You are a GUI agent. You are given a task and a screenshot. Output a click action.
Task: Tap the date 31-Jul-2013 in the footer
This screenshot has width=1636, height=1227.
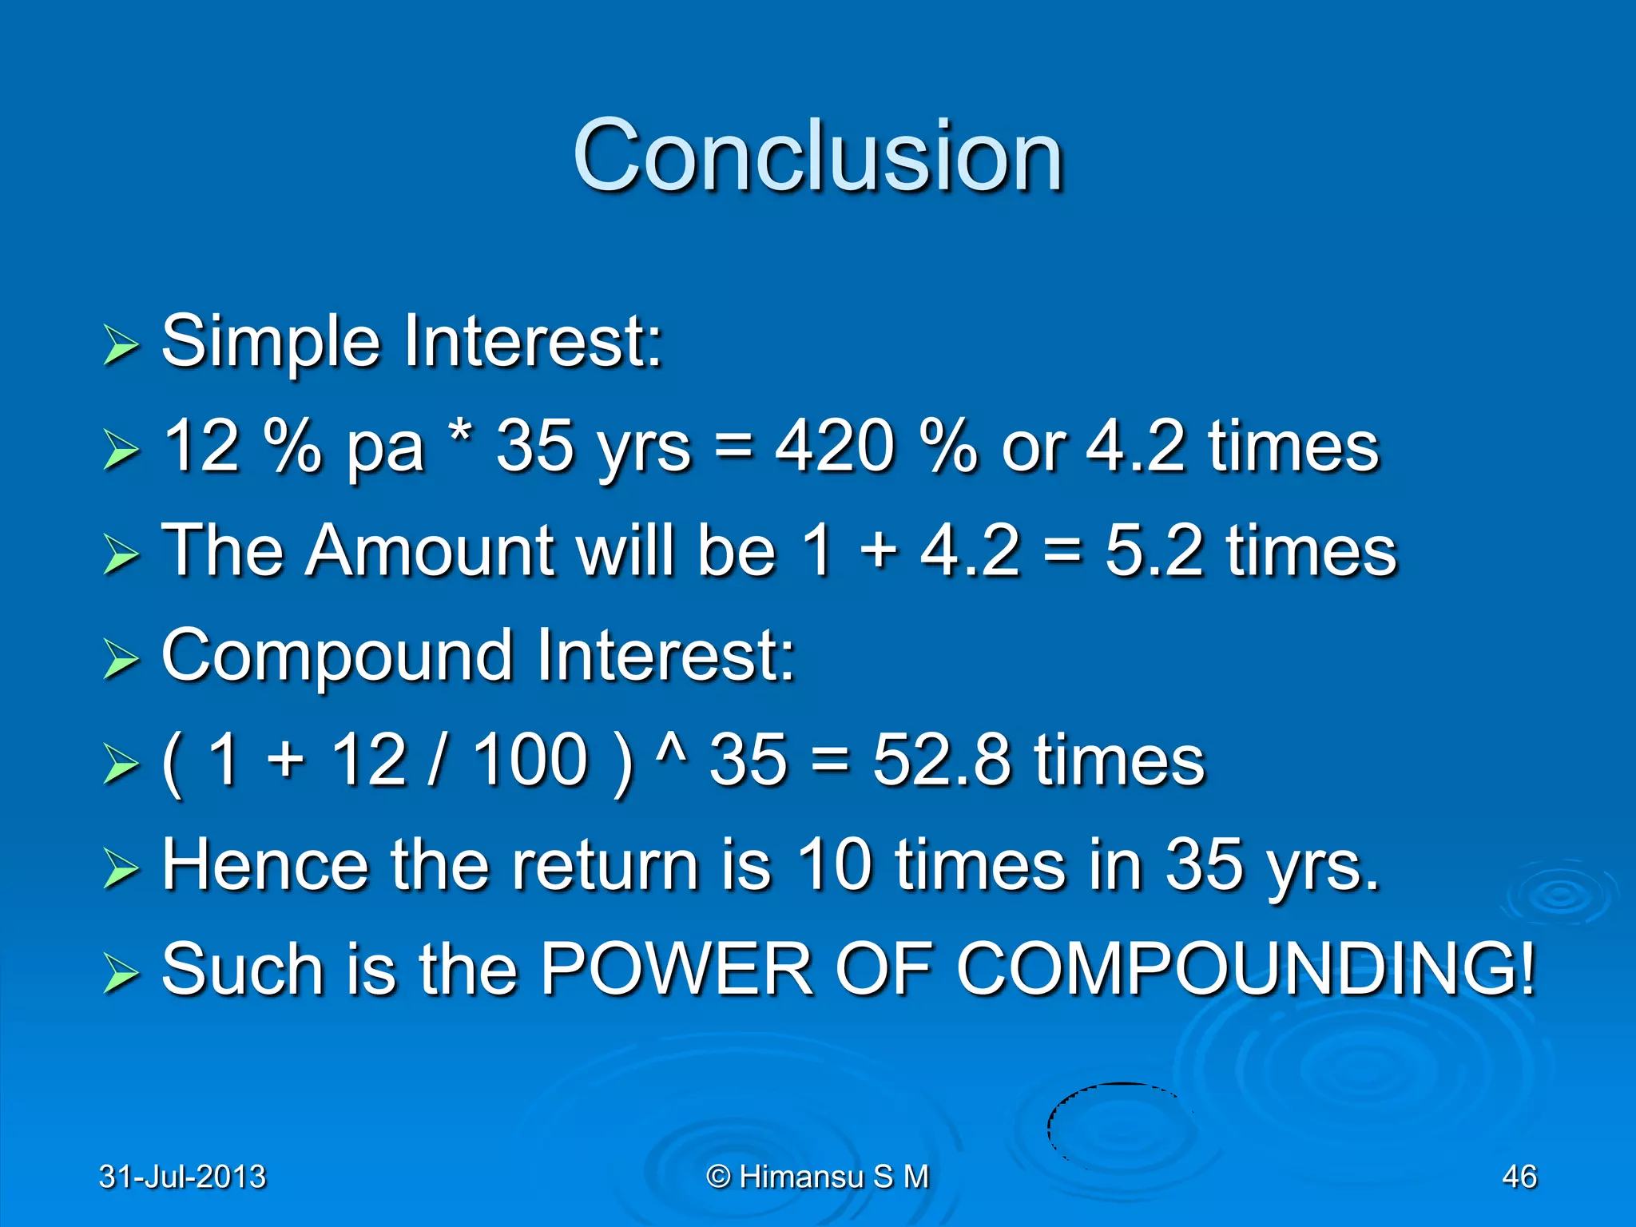182,1177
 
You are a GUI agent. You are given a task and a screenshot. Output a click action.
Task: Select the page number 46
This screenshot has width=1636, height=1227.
1519,1177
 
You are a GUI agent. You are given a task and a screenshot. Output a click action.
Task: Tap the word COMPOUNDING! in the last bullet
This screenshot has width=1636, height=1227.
1245,969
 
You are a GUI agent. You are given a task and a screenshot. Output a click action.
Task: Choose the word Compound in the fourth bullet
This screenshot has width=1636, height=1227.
336,657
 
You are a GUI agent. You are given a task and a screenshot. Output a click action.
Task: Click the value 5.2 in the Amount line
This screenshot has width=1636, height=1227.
1154,551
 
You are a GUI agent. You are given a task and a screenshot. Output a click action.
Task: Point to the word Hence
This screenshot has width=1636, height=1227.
264,864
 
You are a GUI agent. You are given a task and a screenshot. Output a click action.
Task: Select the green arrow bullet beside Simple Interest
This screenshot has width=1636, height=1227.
121,346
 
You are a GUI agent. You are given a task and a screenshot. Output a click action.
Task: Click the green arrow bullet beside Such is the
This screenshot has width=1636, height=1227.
121,975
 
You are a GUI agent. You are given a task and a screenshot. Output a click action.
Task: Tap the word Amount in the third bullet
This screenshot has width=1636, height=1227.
430,551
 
